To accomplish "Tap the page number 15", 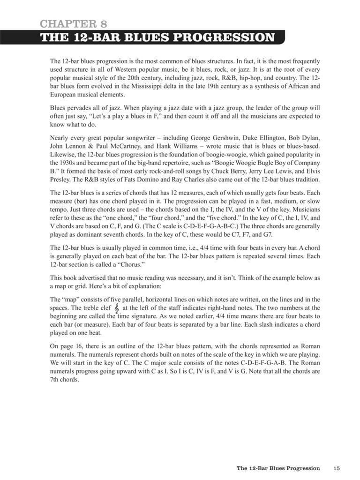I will pyautogui.click(x=336, y=468).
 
